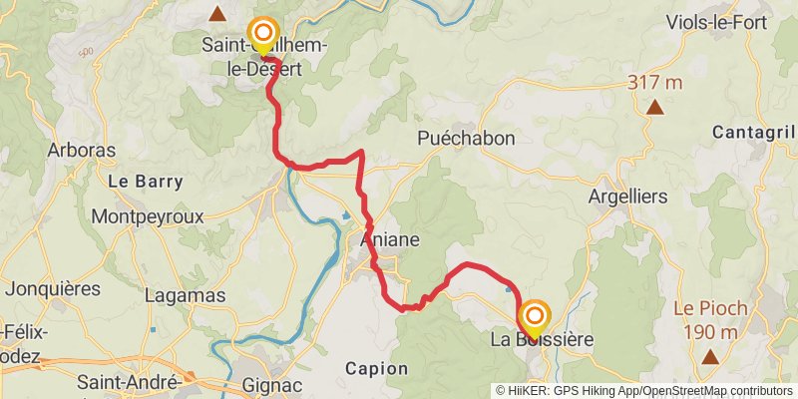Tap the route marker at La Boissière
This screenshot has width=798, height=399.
point(535,318)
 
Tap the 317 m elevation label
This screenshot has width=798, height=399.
point(655,83)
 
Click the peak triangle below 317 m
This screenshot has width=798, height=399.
point(655,107)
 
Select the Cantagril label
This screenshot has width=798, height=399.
point(755,132)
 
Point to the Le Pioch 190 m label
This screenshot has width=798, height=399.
point(710,320)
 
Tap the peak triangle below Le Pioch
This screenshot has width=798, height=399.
point(710,356)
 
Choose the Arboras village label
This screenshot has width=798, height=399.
point(82,151)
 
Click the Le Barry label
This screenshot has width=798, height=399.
point(146,182)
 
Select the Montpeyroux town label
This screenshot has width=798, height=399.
point(147,215)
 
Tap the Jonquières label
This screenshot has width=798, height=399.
point(53,289)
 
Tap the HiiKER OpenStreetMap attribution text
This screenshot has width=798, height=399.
point(644,391)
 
